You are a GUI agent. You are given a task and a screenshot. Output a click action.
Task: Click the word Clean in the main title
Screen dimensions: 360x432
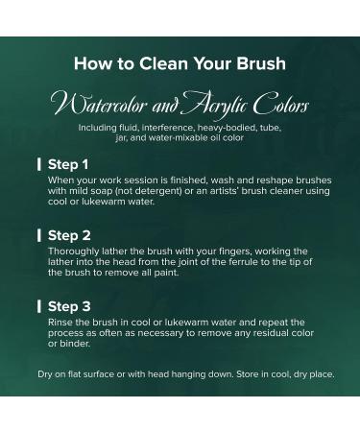[x=163, y=63]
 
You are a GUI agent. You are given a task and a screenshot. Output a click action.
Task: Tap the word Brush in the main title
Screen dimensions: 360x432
[x=261, y=63]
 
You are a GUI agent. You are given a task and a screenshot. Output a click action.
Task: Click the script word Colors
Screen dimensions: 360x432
[x=281, y=104]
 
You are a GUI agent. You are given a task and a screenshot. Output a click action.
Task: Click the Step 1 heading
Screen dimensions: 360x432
[x=68, y=164]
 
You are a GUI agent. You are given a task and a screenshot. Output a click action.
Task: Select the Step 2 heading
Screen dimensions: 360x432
[x=69, y=235]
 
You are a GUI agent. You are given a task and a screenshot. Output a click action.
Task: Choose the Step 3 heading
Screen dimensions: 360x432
[x=69, y=306]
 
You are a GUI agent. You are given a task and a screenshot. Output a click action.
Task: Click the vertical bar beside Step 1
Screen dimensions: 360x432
[x=39, y=164]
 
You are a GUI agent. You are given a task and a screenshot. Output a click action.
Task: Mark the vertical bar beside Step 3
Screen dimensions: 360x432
[x=39, y=306]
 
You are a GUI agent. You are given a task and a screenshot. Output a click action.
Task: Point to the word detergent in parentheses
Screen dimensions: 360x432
[x=158, y=191]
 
